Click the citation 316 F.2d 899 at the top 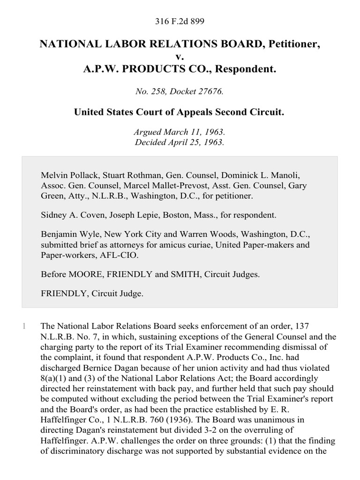pos(180,21)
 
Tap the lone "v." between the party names pos(180,56)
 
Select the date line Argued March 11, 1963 pos(180,133)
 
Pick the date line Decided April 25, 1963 pos(180,142)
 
